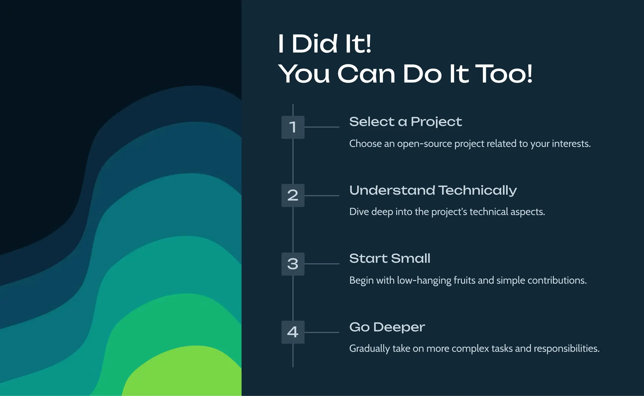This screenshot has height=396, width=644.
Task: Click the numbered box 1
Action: click(x=293, y=127)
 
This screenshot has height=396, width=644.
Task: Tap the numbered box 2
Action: click(x=293, y=195)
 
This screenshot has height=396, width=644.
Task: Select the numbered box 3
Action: click(x=293, y=264)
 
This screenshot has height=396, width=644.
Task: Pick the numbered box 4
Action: click(x=293, y=332)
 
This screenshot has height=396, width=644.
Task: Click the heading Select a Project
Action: click(x=405, y=122)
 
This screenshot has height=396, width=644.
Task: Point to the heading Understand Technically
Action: click(x=433, y=190)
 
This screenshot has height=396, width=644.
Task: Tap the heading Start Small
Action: click(x=390, y=259)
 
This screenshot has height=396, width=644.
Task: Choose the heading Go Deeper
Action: click(x=387, y=327)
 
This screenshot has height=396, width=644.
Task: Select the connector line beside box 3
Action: click(x=322, y=264)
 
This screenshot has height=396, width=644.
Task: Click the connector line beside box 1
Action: click(x=322, y=127)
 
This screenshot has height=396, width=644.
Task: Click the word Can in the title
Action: click(x=366, y=74)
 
